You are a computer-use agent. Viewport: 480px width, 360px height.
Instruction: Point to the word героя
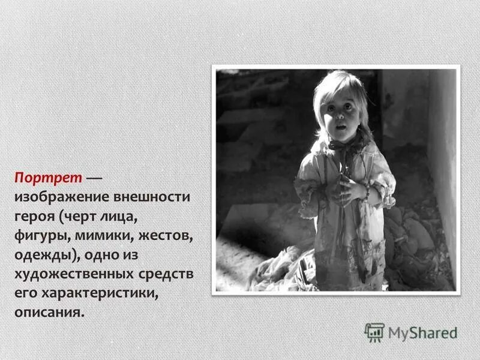[34, 217]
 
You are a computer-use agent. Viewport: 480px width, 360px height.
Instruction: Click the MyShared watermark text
[422, 332]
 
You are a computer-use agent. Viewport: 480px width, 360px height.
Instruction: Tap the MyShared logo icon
[374, 332]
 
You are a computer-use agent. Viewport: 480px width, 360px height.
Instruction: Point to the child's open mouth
[340, 127]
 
